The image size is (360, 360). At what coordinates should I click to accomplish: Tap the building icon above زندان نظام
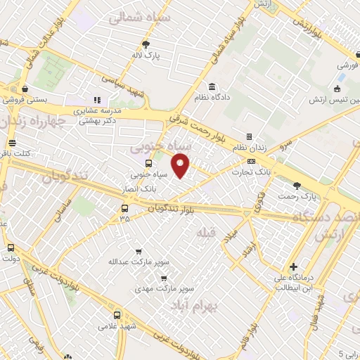point(248,136)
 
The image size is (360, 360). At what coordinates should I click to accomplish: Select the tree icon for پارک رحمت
point(297,185)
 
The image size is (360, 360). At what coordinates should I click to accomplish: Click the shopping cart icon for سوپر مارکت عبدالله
point(138,251)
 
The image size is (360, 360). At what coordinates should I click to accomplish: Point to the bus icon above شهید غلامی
point(117,315)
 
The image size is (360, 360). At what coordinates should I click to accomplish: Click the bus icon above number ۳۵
point(124,208)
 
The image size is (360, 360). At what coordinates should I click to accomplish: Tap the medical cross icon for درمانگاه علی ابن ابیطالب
point(293,267)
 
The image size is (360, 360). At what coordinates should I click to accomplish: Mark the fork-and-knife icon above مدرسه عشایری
point(97,101)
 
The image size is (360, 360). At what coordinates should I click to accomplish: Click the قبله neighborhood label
point(205,233)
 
